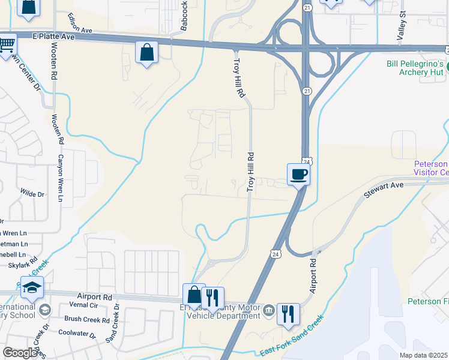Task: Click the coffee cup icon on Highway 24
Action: (298, 175)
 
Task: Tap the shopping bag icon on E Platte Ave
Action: (146, 53)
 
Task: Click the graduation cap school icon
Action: (32, 288)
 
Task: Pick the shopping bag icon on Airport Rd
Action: (194, 295)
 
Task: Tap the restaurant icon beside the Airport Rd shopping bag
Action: (212, 298)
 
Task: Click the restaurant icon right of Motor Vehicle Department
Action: (288, 313)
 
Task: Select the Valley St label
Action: (402, 25)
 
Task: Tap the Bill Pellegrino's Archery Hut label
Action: (414, 68)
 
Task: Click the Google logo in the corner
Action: (20, 353)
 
